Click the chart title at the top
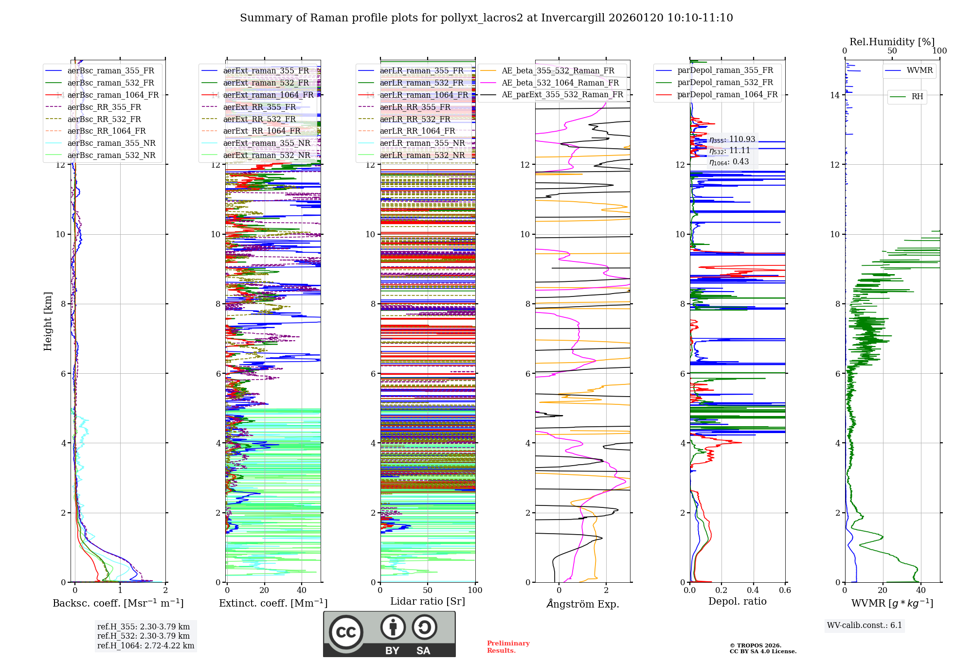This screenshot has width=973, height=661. tap(486, 18)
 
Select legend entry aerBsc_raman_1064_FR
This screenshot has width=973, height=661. tap(113, 95)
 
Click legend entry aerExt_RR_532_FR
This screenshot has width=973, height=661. tap(259, 119)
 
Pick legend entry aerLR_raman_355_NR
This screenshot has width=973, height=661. tap(422, 143)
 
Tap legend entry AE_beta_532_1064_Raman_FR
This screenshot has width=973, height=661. tap(560, 83)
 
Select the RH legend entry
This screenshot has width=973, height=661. tap(917, 97)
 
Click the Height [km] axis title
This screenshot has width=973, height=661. tap(48, 321)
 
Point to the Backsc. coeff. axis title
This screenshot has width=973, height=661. tap(118, 603)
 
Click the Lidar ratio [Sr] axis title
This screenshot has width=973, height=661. tap(428, 601)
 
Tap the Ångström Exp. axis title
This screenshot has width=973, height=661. tap(582, 604)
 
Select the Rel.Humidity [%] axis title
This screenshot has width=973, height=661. tap(892, 42)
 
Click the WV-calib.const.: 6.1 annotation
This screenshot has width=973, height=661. tap(865, 626)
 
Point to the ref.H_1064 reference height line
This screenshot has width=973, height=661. tap(145, 645)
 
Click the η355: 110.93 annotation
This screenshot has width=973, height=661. tap(732, 139)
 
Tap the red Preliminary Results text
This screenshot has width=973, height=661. tap(508, 647)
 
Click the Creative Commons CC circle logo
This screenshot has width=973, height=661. tap(346, 632)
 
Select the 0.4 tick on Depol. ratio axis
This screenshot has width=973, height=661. tap(753, 590)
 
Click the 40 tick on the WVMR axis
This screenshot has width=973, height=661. tap(921, 590)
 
